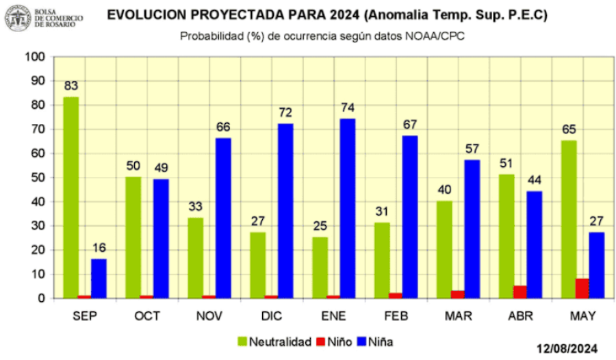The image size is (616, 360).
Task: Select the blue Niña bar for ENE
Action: click(x=348, y=208)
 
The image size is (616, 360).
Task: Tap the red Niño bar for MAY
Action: click(x=582, y=288)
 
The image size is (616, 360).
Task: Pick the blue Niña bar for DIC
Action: click(x=285, y=211)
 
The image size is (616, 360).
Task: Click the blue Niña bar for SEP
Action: click(x=99, y=278)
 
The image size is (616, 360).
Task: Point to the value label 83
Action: click(x=71, y=86)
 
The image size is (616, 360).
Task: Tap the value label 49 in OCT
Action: click(x=162, y=168)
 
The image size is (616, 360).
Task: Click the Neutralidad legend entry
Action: click(x=274, y=341)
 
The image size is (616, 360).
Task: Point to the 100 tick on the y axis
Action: click(x=35, y=56)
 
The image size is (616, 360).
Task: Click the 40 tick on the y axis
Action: click(x=38, y=202)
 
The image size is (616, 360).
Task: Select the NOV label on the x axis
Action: click(x=209, y=316)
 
